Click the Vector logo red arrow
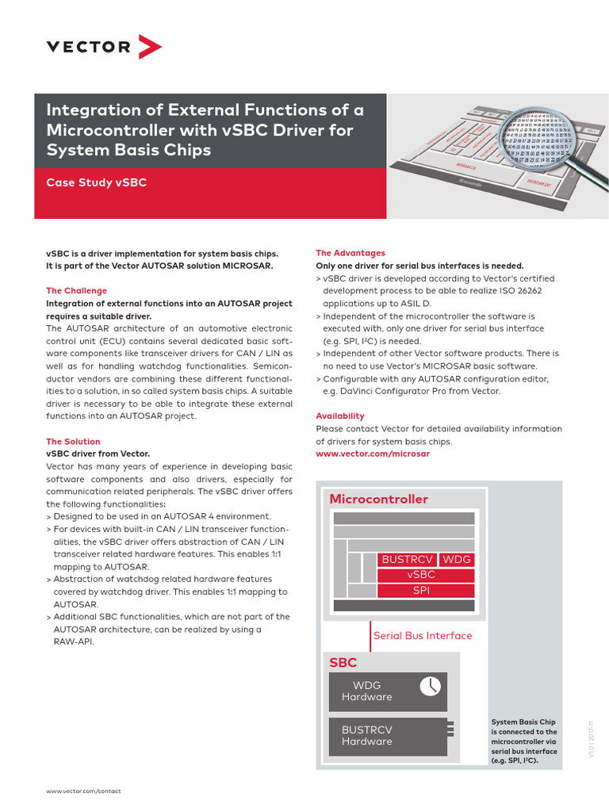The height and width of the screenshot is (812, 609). click(150, 47)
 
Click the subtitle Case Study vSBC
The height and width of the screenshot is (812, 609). click(96, 182)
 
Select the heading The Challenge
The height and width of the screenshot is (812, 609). click(76, 291)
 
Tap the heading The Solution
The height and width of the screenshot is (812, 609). click(73, 442)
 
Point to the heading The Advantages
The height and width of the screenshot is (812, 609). click(350, 253)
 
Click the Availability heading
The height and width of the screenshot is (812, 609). click(340, 416)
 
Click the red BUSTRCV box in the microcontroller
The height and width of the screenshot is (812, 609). click(407, 560)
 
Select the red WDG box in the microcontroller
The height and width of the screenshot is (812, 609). click(457, 560)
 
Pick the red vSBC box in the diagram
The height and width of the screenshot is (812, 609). click(426, 575)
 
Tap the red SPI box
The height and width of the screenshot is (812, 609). click(426, 591)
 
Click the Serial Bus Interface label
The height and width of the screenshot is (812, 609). click(423, 635)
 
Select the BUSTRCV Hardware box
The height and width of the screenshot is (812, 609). click(388, 735)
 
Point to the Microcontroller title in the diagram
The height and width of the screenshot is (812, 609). click(378, 500)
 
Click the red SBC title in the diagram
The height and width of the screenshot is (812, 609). click(343, 662)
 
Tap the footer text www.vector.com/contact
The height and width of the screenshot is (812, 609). click(83, 791)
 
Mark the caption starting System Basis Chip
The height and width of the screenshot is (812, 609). click(524, 741)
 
